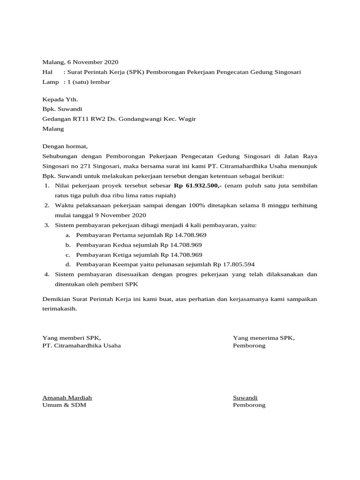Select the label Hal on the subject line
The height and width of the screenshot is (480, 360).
(x=47, y=72)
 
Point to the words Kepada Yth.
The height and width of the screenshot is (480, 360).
(x=60, y=99)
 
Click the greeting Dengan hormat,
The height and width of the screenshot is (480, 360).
(x=65, y=146)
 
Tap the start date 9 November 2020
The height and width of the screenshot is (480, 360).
(x=120, y=215)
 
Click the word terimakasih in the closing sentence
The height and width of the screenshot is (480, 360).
(x=59, y=309)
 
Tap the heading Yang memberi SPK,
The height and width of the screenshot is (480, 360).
(x=72, y=337)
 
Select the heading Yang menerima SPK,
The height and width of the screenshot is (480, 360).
(x=264, y=337)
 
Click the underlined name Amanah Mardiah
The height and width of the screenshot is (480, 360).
(x=70, y=397)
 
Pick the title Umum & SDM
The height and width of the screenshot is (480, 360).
(x=64, y=405)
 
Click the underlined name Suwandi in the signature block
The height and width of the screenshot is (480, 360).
(x=245, y=397)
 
